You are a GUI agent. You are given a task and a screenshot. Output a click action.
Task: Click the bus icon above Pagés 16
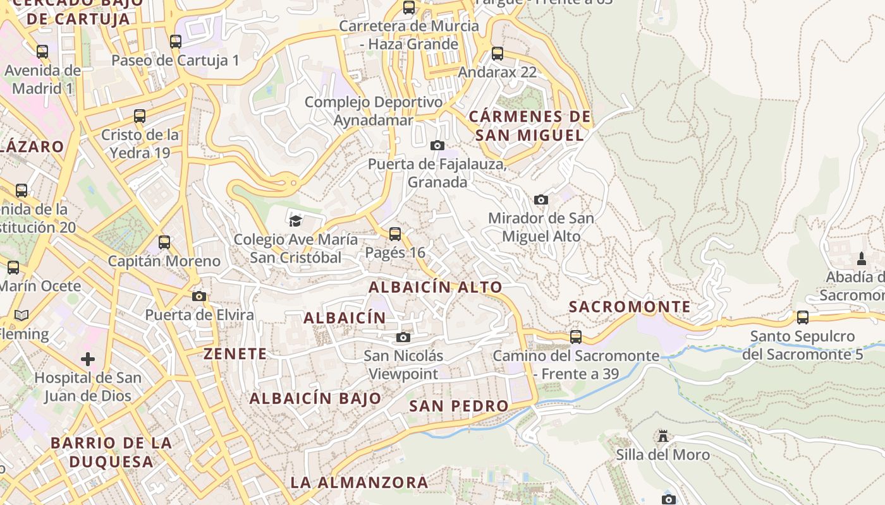395,234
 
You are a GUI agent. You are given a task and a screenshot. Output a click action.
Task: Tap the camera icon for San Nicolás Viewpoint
403,338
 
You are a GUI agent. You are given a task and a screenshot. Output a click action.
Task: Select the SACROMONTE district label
630,307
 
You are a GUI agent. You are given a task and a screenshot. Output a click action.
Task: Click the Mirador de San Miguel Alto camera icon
541,200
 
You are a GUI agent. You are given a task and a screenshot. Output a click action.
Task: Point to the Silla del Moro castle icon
662,436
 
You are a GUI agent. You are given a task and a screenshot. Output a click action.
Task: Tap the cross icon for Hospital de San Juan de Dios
88,359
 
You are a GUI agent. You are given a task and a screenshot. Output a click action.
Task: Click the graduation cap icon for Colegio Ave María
295,221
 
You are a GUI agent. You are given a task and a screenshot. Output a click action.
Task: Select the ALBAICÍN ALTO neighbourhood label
436,287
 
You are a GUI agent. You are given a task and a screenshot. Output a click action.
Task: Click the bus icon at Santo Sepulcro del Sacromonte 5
803,318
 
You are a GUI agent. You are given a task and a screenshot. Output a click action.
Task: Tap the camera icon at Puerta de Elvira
199,296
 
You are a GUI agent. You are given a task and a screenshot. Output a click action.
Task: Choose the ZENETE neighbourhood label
235,353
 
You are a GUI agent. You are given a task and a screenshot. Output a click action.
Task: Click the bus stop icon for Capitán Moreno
164,242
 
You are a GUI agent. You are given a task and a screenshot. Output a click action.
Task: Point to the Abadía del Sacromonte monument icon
861,258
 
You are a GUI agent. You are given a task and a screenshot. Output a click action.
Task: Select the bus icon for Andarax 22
497,54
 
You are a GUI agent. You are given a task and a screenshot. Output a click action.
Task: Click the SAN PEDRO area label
458,406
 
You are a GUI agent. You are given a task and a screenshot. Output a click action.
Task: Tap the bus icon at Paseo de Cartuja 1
176,42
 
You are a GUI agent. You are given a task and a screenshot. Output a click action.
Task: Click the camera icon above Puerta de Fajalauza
437,146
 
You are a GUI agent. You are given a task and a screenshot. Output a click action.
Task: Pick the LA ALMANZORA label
359,483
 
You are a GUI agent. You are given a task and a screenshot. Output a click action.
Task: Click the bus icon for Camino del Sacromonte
576,337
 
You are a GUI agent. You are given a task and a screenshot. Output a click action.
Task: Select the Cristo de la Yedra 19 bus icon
140,116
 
